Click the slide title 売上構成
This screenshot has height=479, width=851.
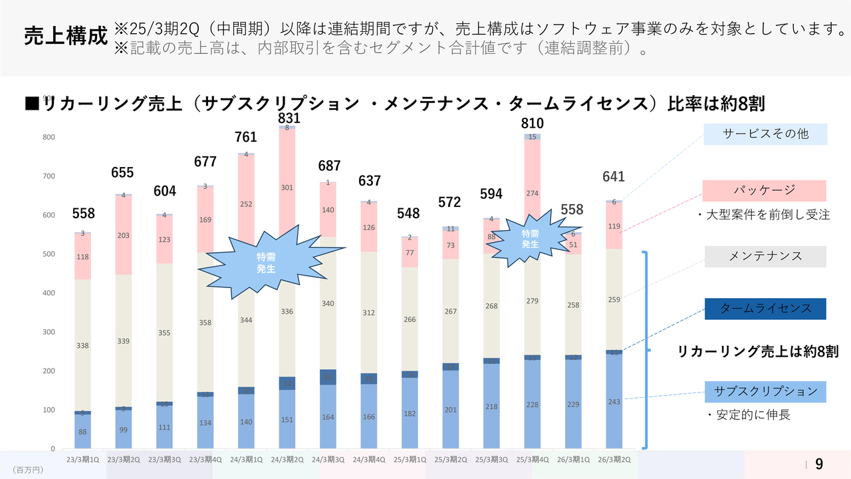(65, 37)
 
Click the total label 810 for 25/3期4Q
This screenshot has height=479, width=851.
(532, 123)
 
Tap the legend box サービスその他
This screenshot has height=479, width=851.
(765, 134)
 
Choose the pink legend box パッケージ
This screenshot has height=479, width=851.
(765, 190)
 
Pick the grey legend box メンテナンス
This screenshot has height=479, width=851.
(765, 256)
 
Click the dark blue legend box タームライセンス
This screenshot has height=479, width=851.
(765, 309)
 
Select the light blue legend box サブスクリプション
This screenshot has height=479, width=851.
(765, 391)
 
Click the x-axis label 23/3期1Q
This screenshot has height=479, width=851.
(83, 459)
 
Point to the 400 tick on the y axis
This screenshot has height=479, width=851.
(50, 293)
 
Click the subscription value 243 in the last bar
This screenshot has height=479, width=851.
(614, 401)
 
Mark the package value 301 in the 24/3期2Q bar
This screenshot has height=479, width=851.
(287, 188)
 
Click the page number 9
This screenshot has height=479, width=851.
(819, 464)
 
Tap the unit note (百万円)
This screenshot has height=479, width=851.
(28, 470)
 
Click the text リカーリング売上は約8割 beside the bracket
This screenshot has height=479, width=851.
(758, 352)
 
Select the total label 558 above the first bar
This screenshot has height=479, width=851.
(84, 214)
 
